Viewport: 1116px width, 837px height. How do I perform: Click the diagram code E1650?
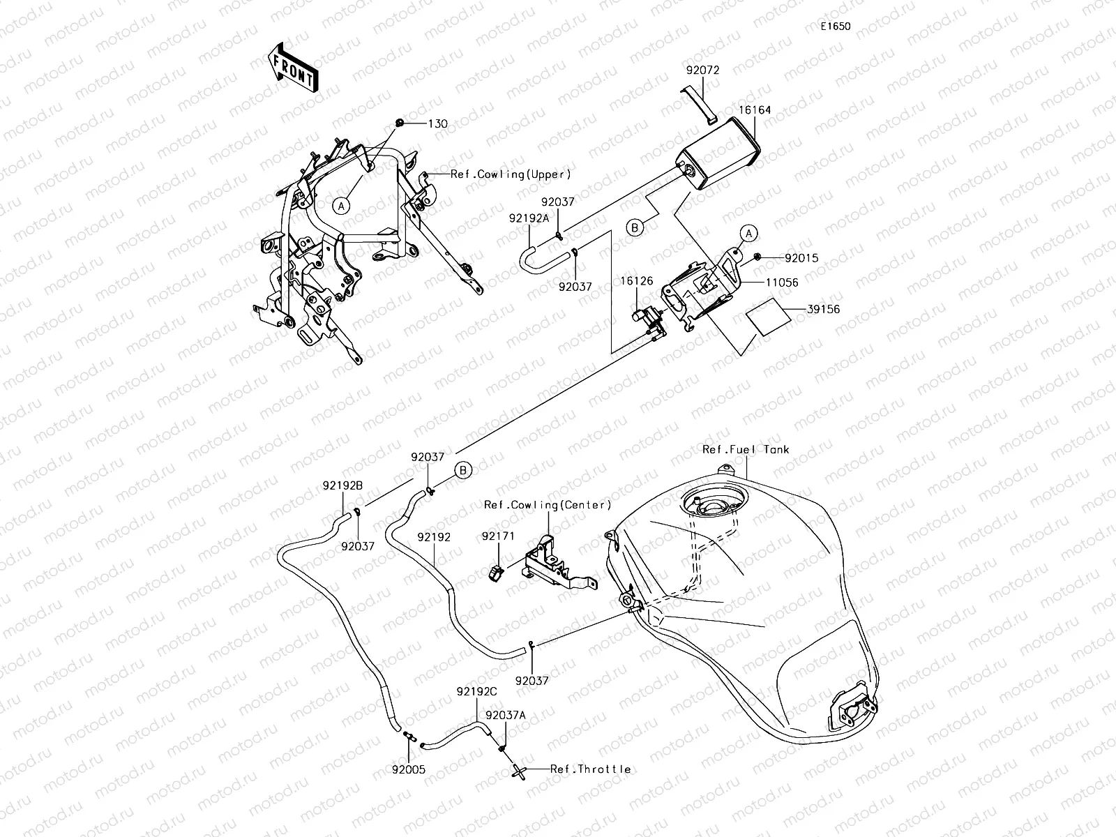tap(835, 27)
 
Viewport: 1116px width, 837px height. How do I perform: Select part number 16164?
tap(756, 110)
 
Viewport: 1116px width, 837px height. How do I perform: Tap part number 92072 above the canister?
tap(702, 70)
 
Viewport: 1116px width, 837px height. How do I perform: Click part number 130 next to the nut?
tap(438, 123)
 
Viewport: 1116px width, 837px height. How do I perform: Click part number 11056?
tap(782, 282)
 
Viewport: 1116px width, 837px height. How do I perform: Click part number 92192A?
tap(529, 218)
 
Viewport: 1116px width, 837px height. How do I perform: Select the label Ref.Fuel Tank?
tap(746, 450)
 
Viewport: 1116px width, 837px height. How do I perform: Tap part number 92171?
tap(497, 537)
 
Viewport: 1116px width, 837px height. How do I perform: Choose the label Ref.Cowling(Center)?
tap(548, 504)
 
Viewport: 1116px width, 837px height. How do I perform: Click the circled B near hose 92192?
tap(464, 471)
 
